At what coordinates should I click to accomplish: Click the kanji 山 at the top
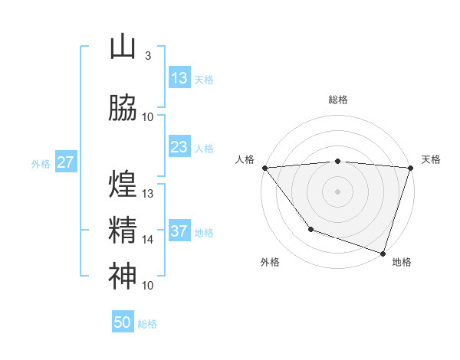[x=123, y=47]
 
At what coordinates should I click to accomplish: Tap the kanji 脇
[x=123, y=108]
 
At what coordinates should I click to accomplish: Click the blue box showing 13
[x=179, y=78]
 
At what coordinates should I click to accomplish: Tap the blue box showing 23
[x=179, y=147]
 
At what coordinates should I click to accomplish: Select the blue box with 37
[x=179, y=231]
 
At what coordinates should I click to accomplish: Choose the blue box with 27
[x=65, y=162]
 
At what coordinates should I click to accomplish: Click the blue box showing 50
[x=123, y=322]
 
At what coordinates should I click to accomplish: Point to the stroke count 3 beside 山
[x=147, y=56]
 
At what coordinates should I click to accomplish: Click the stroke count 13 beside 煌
[x=148, y=194]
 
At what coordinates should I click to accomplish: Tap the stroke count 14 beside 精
[x=148, y=240]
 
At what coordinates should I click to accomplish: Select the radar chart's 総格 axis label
[x=337, y=100]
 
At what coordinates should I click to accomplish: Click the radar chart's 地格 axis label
[x=402, y=262]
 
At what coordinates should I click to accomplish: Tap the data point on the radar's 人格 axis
[x=264, y=168]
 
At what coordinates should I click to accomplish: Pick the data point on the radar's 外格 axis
[x=310, y=228]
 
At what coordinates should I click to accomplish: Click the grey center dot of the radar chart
[x=337, y=191]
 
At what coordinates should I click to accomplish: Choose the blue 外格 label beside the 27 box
[x=41, y=163]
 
